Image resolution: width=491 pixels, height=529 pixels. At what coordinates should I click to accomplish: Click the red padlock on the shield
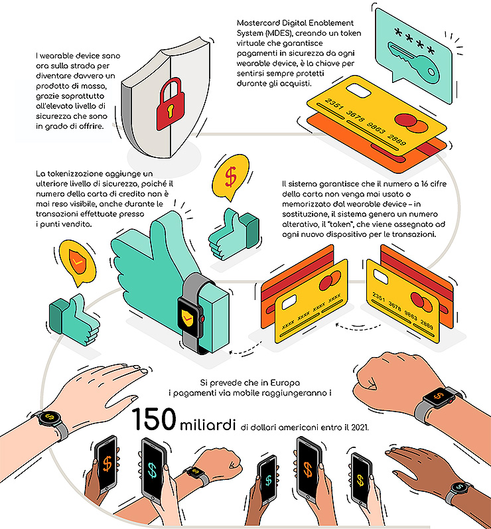tap(171, 105)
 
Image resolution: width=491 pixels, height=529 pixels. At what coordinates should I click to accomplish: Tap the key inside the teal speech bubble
tap(413, 63)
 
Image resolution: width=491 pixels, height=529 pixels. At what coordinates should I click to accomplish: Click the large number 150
tap(154, 419)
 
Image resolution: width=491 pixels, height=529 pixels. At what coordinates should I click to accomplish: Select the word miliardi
tap(208, 424)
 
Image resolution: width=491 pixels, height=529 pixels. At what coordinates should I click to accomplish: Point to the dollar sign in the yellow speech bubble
tap(231, 177)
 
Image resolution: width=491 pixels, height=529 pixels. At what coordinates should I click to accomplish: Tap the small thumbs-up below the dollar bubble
tap(234, 234)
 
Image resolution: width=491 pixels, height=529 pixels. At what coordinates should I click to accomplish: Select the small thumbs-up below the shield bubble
tap(74, 319)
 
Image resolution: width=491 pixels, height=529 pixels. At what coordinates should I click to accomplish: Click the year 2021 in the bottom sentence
tap(360, 427)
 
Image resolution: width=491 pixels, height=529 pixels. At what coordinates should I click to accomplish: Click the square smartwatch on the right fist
tap(439, 396)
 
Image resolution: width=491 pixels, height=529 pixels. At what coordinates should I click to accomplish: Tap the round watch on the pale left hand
tap(49, 417)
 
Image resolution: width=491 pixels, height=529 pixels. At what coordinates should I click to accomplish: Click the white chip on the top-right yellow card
tap(359, 90)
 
